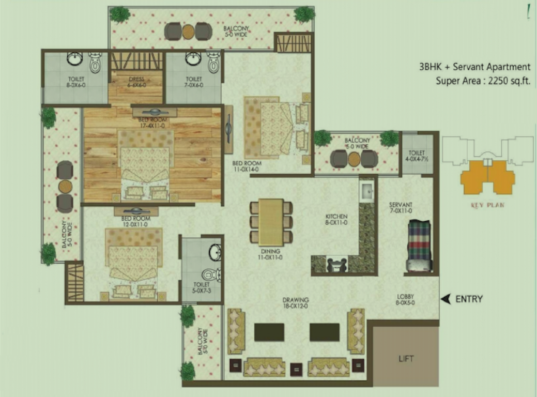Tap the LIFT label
coord(406,358)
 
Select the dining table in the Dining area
coord(271,222)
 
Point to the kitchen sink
coord(367,191)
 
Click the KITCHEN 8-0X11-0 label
coord(336,220)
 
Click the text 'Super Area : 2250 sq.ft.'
coord(483,80)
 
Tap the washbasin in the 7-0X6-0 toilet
coord(193,59)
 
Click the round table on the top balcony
coord(188,32)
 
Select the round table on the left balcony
coord(65,186)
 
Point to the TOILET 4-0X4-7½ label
coord(417,156)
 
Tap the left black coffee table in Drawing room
coord(269,332)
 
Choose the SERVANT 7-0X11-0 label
coord(401,208)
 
